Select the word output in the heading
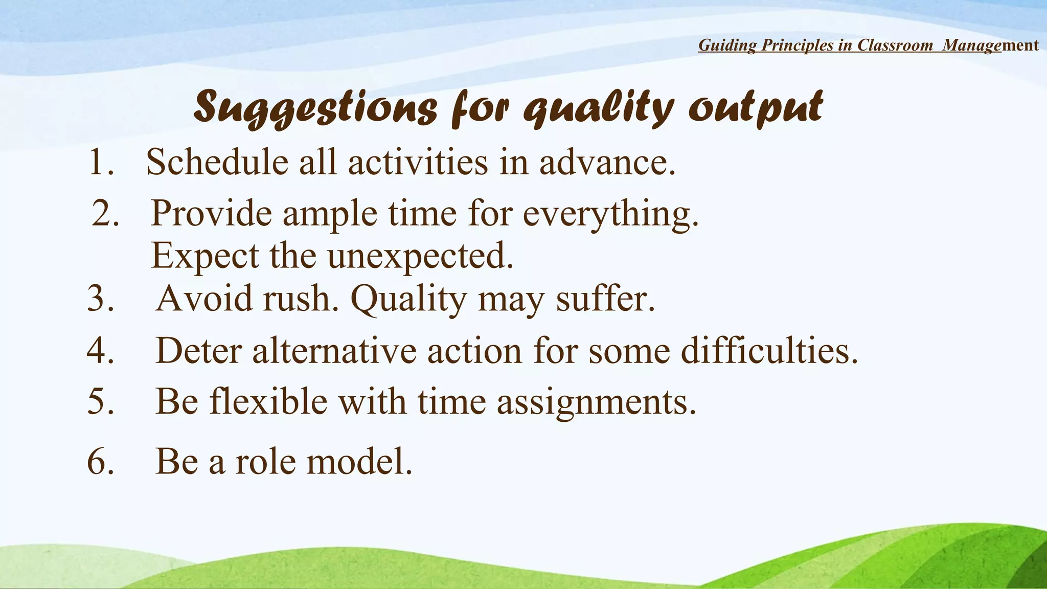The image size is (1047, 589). (x=756, y=107)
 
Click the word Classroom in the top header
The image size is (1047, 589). (x=895, y=45)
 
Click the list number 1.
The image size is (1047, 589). (x=100, y=163)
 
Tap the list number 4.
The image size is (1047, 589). (x=100, y=351)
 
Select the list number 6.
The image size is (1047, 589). (x=100, y=462)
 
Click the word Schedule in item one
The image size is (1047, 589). (x=217, y=163)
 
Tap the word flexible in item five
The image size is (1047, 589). (x=268, y=402)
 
